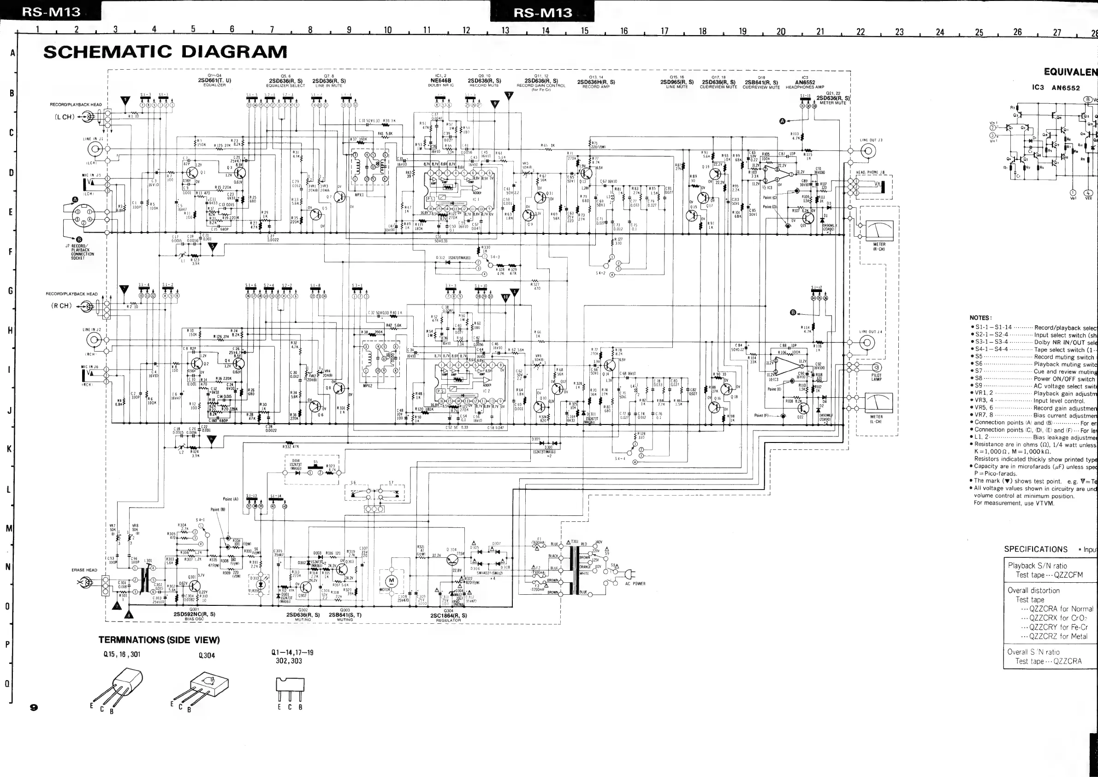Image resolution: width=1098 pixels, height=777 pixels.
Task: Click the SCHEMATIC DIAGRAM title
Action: coord(165,52)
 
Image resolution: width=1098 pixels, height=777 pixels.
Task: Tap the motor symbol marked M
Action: coord(391,581)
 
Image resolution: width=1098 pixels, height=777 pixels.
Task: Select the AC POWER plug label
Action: coord(635,584)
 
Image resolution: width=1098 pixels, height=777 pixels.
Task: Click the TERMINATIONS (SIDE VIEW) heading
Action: coord(159,640)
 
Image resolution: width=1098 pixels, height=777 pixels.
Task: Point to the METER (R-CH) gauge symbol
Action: coord(879,231)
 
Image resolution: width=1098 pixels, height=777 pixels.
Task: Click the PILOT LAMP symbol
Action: coord(877,367)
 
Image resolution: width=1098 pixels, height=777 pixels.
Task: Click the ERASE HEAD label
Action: coord(84,570)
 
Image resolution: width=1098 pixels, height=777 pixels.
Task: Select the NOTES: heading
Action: coord(980,318)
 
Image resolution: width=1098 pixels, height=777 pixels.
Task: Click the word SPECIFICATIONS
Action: coord(1035,549)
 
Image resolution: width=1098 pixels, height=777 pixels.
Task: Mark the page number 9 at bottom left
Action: coord(34,707)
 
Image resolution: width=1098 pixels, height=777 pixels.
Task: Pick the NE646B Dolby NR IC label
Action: coord(440,81)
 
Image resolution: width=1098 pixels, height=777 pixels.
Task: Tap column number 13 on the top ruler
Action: coord(505,30)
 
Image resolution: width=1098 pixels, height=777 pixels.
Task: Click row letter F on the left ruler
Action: coord(11,251)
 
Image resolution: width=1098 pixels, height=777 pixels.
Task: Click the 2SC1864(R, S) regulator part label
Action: coord(449,616)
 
